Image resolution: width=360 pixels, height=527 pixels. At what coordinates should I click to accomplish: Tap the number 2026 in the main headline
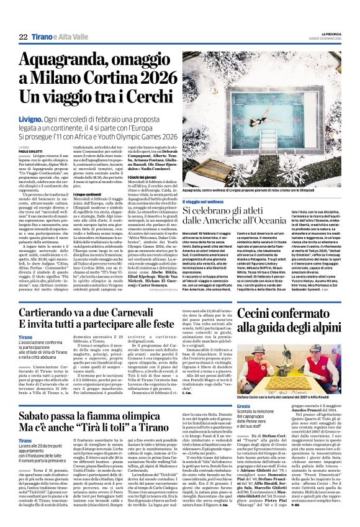148,79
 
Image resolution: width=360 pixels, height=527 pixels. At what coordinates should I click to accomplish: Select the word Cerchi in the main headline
138,97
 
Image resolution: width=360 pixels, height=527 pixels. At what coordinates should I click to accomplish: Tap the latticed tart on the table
292,382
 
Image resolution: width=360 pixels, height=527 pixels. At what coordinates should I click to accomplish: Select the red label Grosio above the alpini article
244,405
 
